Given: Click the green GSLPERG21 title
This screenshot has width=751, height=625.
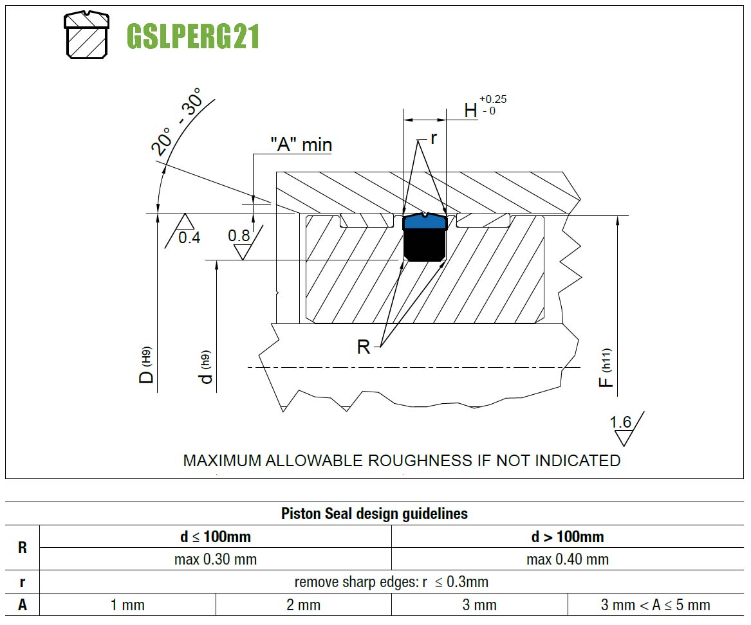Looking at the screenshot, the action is pyautogui.click(x=193, y=37).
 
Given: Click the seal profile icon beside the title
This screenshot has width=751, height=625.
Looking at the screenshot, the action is pyautogui.click(x=87, y=35).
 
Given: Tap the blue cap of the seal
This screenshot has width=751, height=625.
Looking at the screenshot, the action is pyautogui.click(x=425, y=221).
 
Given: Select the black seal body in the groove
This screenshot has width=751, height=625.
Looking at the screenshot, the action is pyautogui.click(x=425, y=244).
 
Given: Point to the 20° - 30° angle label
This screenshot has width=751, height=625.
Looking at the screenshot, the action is pyautogui.click(x=176, y=121).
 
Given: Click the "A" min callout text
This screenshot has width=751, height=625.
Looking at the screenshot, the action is pyautogui.click(x=301, y=144).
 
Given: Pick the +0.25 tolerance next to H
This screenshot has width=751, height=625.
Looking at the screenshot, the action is pyautogui.click(x=493, y=99).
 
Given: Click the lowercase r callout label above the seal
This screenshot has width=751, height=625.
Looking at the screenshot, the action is pyautogui.click(x=434, y=138).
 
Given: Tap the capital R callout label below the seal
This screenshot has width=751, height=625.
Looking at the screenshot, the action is pyautogui.click(x=364, y=347).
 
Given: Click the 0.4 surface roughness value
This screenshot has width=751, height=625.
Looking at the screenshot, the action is pyautogui.click(x=189, y=237).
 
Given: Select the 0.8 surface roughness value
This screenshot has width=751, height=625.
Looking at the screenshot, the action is pyautogui.click(x=239, y=235).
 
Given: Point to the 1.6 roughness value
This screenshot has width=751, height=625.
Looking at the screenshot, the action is pyautogui.click(x=621, y=422).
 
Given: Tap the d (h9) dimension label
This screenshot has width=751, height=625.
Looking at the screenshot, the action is pyautogui.click(x=205, y=367).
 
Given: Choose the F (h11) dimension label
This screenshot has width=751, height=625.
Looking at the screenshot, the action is pyautogui.click(x=606, y=368).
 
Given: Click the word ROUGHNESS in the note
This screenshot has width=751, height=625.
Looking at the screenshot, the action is pyautogui.click(x=420, y=460).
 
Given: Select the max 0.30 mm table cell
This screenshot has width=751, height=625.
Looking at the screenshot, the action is pyautogui.click(x=216, y=559).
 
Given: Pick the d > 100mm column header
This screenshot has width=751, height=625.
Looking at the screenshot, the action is pyautogui.click(x=568, y=536).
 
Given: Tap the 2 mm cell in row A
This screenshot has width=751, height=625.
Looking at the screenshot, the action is pyautogui.click(x=304, y=605).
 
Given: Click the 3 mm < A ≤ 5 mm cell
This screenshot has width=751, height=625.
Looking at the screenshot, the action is pyautogui.click(x=656, y=605).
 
